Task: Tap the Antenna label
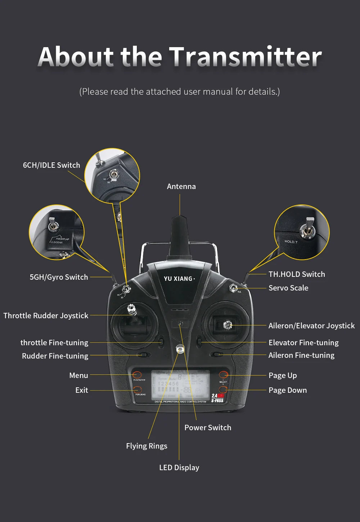[x=181, y=186]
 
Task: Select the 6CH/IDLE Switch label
[x=51, y=165]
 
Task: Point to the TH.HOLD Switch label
[x=297, y=274]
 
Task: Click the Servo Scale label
[x=288, y=288]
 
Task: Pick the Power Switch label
[x=208, y=428]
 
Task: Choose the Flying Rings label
[x=147, y=446]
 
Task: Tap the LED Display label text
[x=179, y=468]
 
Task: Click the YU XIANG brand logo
[x=179, y=279]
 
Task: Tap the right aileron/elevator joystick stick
[x=228, y=325]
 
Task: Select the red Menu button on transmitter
[x=137, y=375]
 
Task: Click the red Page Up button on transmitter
[x=224, y=375]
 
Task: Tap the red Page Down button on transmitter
[x=223, y=390]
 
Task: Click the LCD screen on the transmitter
[x=180, y=384]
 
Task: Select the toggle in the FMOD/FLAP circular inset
[x=54, y=225]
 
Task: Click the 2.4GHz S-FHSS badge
[x=217, y=398]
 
